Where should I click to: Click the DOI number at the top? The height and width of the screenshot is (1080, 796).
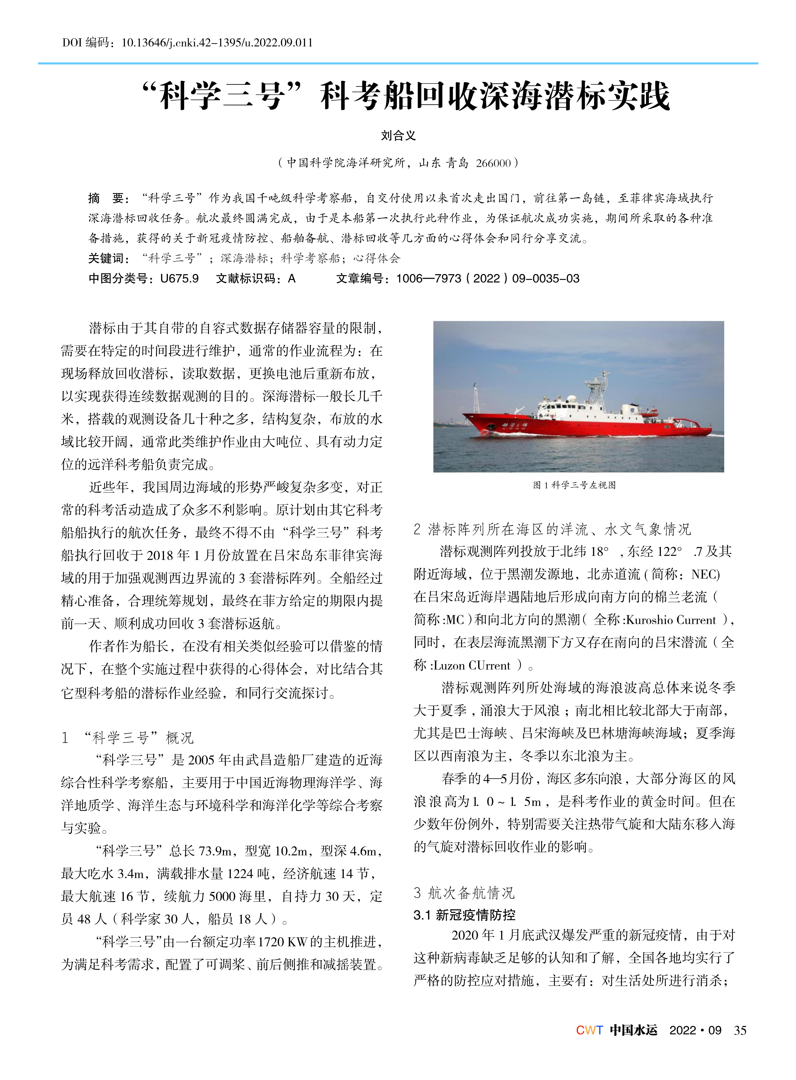point(217,43)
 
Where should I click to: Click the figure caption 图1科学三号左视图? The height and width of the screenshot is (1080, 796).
point(574,485)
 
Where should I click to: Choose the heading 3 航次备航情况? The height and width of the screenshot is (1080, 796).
point(464,893)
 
